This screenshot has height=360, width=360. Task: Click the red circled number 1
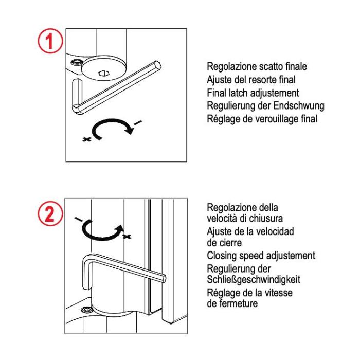(50, 41)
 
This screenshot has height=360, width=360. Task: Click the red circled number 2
(50, 214)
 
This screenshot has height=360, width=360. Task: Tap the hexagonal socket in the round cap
(103, 74)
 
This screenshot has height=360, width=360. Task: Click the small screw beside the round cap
(77, 62)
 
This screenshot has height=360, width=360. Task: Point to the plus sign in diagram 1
(86, 139)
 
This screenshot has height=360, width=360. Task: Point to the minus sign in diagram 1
(137, 123)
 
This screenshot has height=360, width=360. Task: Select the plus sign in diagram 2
(127, 237)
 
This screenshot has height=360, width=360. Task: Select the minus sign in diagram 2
(79, 219)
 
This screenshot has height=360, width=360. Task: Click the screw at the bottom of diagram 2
(87, 310)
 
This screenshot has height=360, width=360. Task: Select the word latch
(238, 93)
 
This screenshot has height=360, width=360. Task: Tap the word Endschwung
(299, 106)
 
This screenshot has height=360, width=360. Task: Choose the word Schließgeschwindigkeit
(254, 280)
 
